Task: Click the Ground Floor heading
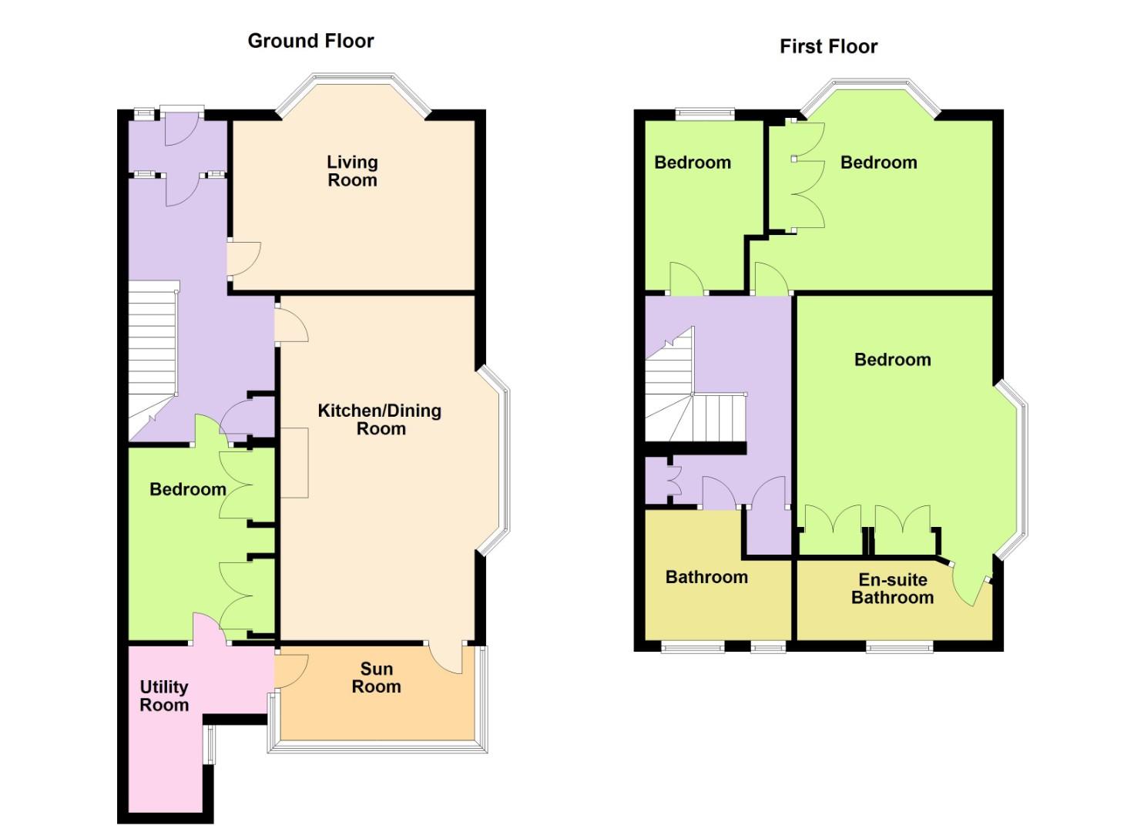(x=310, y=41)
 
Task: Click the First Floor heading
(x=828, y=46)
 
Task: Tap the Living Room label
(x=352, y=171)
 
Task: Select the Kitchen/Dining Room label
(x=380, y=420)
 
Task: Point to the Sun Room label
(x=376, y=678)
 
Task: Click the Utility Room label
(x=163, y=696)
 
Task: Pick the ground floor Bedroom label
(x=187, y=489)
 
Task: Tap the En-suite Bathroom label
(x=892, y=589)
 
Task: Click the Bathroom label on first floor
(x=706, y=577)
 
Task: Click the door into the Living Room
(x=244, y=260)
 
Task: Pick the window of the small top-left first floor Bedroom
(x=705, y=115)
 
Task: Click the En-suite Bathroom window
(x=899, y=646)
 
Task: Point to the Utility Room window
(x=210, y=744)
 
